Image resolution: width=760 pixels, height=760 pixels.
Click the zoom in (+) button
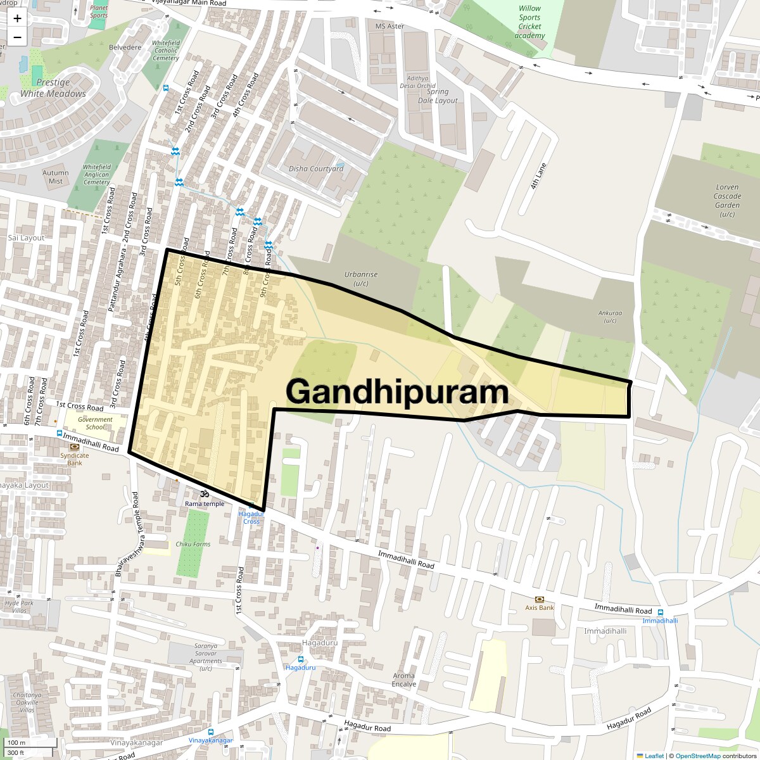[17, 18]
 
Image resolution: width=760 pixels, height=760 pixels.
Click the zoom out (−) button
[17, 37]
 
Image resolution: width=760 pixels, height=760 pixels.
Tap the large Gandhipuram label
[397, 392]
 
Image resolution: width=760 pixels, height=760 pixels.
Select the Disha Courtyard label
[316, 168]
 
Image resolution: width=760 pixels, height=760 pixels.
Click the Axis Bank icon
[540, 598]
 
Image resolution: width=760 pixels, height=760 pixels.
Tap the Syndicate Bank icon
[75, 446]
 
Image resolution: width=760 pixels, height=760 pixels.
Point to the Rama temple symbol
[204, 494]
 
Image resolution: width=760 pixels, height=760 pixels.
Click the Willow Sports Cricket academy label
[529, 22]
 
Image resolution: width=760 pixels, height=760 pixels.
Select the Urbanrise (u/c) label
[361, 279]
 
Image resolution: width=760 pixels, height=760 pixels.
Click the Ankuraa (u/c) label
[610, 317]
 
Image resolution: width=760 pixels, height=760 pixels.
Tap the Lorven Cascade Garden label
[727, 200]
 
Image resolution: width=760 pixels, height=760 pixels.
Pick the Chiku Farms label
[193, 544]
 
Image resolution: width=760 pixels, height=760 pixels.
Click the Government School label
[95, 423]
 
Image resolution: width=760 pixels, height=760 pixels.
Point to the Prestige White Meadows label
[53, 88]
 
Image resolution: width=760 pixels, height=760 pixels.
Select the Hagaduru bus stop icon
[301, 659]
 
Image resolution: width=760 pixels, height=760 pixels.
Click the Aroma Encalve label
[403, 680]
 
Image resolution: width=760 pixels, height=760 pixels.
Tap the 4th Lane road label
[538, 176]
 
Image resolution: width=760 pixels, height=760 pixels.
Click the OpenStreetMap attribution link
[697, 756]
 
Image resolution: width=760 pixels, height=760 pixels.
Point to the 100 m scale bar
[18, 742]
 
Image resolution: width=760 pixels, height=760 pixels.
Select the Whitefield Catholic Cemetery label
[166, 51]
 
